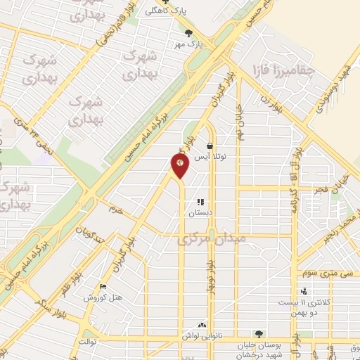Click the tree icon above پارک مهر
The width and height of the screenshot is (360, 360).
(187, 32)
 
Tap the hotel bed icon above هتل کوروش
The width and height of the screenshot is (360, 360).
(103, 287)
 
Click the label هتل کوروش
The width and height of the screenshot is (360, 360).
(103, 297)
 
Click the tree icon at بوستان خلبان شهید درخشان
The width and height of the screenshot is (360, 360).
(259, 333)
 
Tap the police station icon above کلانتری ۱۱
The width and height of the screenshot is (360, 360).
(303, 291)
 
